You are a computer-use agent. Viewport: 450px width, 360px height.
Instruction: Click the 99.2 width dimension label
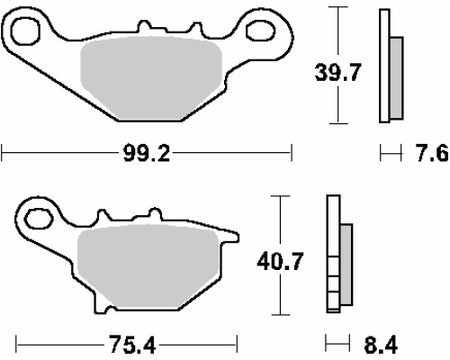(x=147, y=154)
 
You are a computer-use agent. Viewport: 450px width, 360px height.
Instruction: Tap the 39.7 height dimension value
(x=337, y=73)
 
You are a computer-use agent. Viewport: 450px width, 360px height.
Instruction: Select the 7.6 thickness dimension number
(x=433, y=153)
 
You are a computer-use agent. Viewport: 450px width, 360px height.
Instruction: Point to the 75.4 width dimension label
(x=132, y=345)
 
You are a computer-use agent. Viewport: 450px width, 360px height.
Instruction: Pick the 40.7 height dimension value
(x=280, y=261)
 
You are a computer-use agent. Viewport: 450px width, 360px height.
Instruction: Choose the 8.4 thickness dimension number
(x=381, y=345)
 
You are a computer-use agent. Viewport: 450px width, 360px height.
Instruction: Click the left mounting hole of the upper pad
(x=25, y=31)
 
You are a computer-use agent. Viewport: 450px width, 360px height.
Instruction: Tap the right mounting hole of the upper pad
(x=260, y=31)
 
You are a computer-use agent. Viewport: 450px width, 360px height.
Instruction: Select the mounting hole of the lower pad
(x=38, y=219)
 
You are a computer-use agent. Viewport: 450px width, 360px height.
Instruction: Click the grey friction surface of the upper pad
(x=150, y=78)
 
